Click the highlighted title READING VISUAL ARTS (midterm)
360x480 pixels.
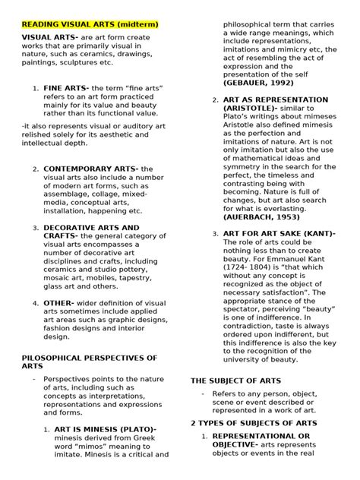point(90,24)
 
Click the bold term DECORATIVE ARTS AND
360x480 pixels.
point(91,227)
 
